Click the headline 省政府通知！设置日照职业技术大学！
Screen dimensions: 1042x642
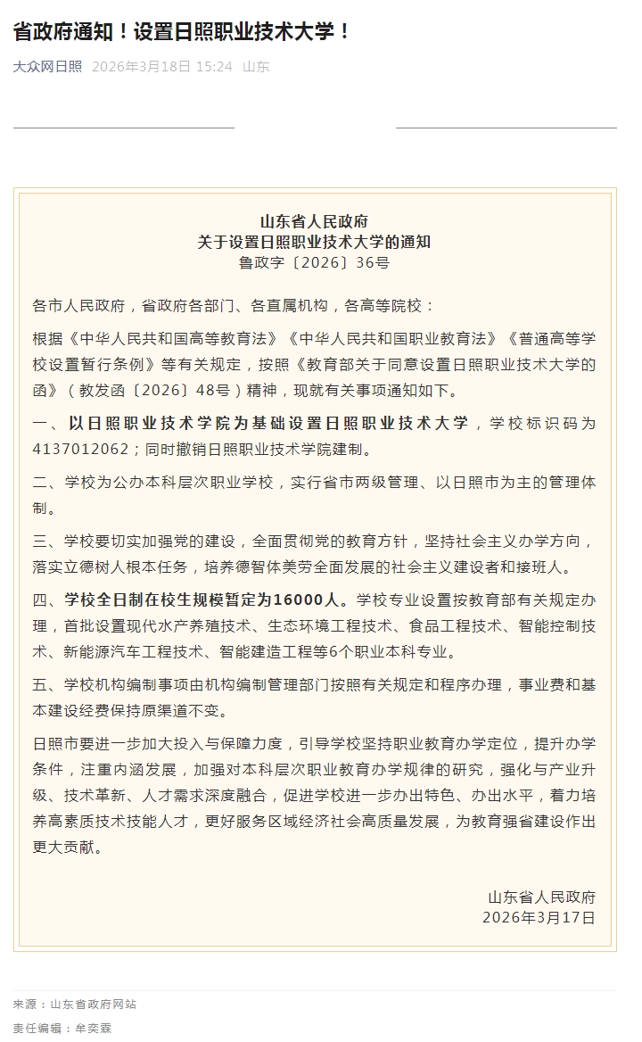(182, 32)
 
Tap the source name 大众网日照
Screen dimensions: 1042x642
(47, 67)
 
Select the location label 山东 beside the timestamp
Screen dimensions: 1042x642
(256, 67)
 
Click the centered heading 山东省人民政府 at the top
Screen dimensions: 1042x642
(314, 220)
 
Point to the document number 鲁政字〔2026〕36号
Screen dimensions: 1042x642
(314, 263)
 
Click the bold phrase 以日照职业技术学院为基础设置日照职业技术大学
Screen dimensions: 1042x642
(267, 423)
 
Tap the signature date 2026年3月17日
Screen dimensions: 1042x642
(539, 917)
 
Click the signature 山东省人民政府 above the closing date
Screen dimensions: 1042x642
(541, 897)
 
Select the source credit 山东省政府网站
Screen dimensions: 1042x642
(93, 1005)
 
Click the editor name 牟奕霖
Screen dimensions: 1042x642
(93, 1029)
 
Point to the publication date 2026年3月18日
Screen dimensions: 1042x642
(141, 67)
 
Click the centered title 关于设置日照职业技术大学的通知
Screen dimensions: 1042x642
(314, 242)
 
